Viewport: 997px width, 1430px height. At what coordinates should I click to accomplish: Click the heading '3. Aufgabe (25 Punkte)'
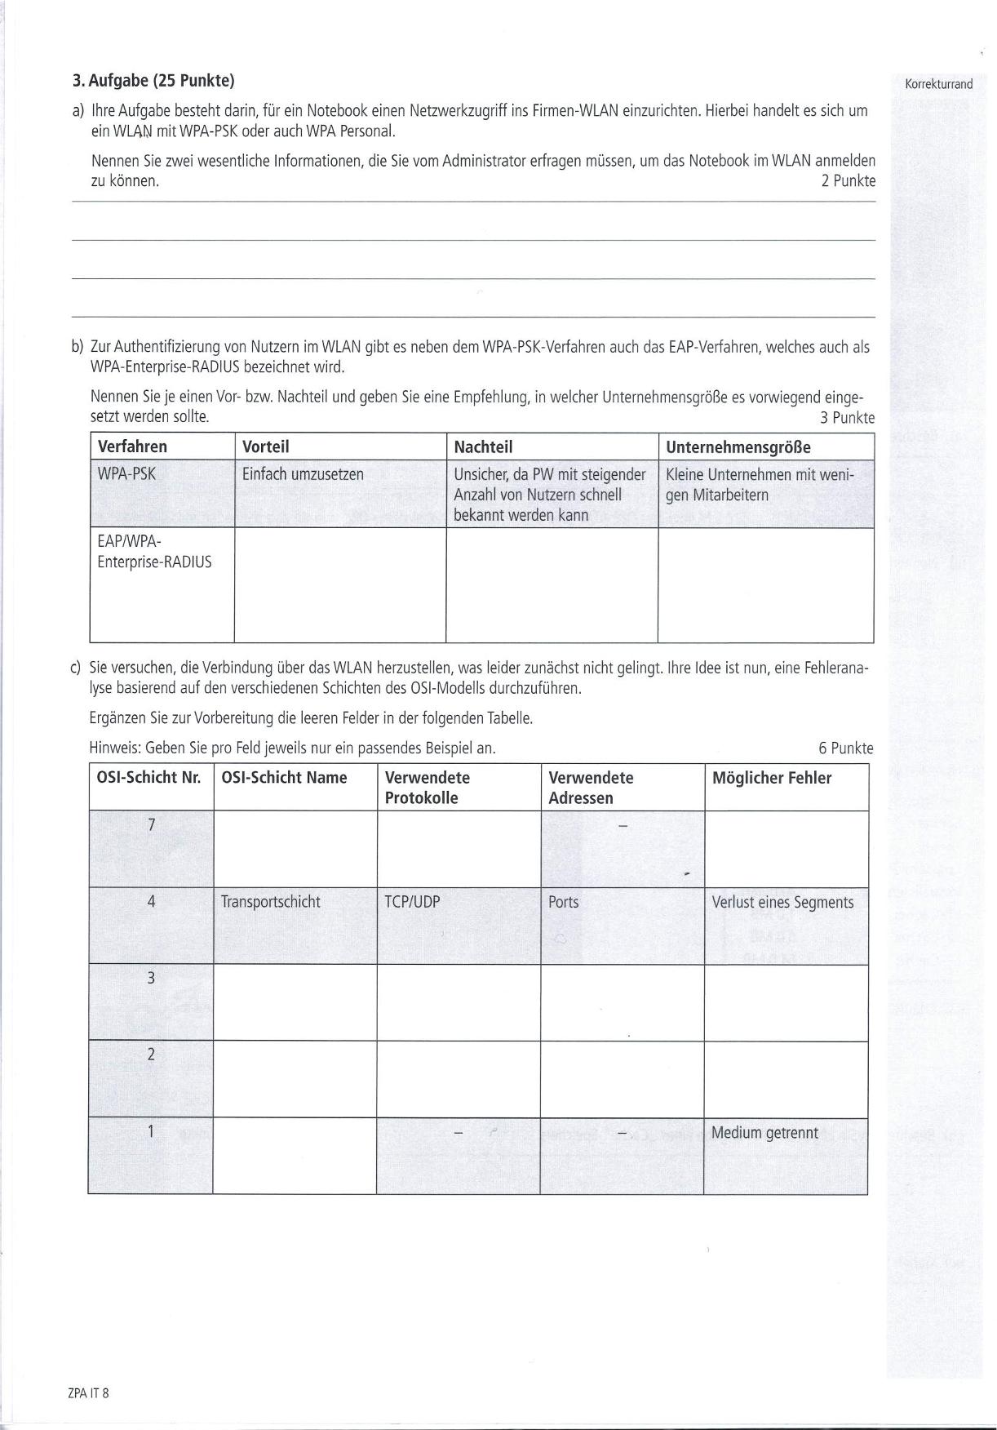pos(153,81)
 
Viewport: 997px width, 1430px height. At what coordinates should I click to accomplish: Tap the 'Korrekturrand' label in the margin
pos(938,84)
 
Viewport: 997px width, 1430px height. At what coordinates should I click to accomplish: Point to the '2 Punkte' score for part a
pos(848,181)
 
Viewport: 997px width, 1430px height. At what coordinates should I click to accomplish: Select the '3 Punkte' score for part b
pos(847,418)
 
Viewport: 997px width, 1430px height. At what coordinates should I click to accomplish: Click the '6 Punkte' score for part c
pos(845,748)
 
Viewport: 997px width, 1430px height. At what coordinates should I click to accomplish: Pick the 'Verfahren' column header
pos(132,446)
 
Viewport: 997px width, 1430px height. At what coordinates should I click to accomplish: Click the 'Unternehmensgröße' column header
pos(738,446)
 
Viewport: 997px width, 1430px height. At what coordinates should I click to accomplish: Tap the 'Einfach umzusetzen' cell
pos(303,474)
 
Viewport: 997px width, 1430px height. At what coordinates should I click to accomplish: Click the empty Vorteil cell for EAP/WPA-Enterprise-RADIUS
pos(339,584)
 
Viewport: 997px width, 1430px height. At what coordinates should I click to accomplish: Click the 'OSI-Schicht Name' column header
pos(284,778)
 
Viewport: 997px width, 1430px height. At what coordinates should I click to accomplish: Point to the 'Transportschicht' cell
pos(271,902)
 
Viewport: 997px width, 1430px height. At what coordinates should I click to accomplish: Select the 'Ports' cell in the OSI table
pos(564,902)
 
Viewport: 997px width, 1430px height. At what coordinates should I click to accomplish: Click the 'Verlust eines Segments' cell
pos(782,902)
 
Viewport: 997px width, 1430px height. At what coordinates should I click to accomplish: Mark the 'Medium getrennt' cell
pos(764,1133)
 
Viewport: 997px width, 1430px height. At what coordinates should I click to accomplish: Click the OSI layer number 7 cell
pos(151,825)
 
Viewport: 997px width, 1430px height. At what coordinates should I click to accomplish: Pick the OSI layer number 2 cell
pos(151,1055)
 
